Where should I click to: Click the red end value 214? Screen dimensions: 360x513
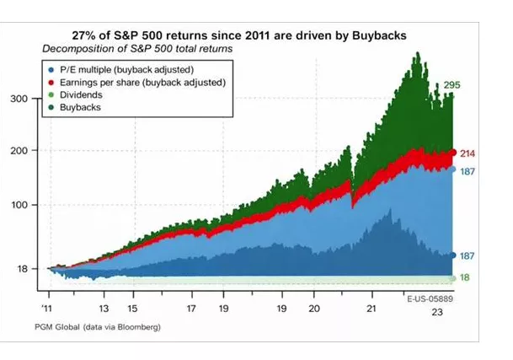470,153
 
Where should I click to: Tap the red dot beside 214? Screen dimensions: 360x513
453,153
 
